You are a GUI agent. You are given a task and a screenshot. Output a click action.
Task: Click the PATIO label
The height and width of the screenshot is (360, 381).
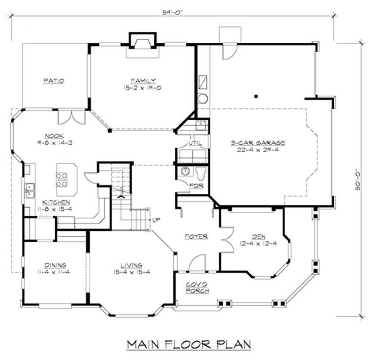(x=54, y=81)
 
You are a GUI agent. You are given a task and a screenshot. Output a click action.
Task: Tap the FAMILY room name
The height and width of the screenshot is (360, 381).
(x=143, y=81)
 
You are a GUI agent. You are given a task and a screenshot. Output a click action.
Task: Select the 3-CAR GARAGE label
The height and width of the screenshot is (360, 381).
(x=258, y=142)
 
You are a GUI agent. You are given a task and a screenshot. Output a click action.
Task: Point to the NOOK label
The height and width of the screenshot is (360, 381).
(x=54, y=136)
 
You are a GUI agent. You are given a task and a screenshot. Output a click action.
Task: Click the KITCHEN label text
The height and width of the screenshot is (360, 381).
(x=56, y=202)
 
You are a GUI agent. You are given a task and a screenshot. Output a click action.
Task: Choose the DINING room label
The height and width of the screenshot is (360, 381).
(x=55, y=265)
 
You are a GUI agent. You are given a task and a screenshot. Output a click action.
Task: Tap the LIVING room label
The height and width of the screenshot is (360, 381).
(x=131, y=265)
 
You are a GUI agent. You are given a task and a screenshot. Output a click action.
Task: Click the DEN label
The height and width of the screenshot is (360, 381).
(x=259, y=236)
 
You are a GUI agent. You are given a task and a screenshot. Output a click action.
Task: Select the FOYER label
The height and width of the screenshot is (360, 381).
(x=196, y=236)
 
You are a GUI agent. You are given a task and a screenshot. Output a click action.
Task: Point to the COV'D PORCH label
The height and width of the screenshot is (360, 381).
(x=197, y=288)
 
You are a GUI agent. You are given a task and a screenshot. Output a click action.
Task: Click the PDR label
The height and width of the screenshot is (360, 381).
(x=196, y=186)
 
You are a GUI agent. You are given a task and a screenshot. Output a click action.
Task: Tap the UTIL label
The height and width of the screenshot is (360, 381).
(x=195, y=144)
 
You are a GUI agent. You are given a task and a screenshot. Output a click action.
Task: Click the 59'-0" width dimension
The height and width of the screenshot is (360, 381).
(x=172, y=13)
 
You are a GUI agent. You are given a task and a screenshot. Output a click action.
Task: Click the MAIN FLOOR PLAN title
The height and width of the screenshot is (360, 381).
(x=189, y=344)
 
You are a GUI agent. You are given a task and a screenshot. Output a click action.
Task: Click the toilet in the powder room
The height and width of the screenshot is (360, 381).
(x=201, y=172)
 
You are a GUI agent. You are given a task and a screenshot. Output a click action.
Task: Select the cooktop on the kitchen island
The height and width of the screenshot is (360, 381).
(x=62, y=179)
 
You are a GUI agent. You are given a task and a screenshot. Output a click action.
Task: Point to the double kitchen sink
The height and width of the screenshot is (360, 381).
(x=30, y=191)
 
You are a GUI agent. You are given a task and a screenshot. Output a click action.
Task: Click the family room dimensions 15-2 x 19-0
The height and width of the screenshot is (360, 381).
(x=142, y=88)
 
